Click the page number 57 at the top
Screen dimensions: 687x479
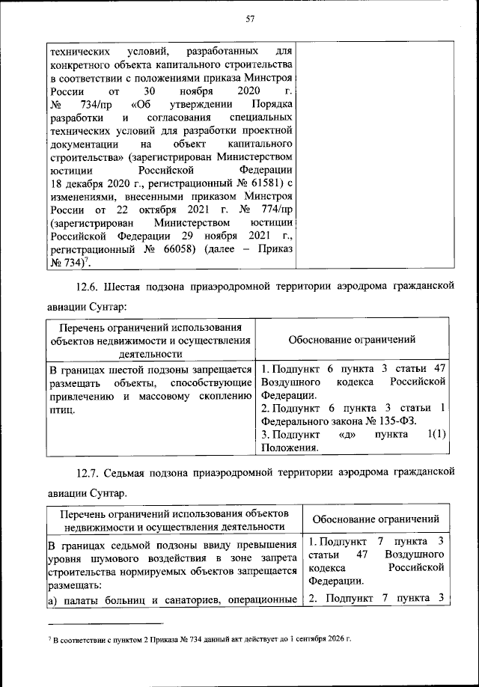tap(251, 19)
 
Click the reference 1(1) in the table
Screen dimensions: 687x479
tap(436, 434)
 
